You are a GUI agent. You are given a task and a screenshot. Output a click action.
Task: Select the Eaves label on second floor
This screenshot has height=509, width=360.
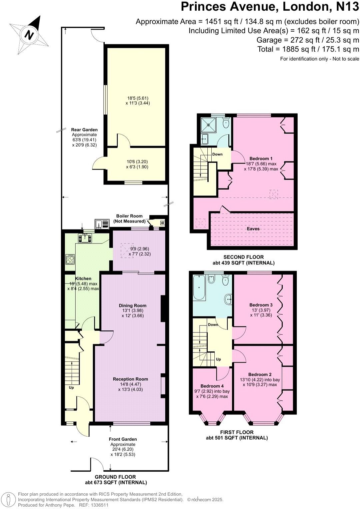coord(253,229)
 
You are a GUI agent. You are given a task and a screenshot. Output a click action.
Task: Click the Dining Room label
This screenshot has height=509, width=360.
coord(133,305)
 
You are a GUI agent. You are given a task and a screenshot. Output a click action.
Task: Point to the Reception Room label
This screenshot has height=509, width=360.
coord(130,379)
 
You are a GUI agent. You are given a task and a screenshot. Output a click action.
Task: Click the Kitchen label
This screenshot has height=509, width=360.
coord(83,278)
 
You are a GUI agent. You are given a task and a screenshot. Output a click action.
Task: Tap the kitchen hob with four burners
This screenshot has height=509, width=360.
coord(70,259)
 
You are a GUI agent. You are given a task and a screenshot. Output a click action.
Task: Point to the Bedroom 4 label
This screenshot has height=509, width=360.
coord(212,386)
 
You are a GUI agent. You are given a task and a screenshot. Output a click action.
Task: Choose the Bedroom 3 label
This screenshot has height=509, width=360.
coord(261,305)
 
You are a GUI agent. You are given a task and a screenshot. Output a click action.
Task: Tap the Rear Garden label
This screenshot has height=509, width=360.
coord(84,130)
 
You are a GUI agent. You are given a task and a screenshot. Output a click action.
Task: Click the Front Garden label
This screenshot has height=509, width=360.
coord(123,439)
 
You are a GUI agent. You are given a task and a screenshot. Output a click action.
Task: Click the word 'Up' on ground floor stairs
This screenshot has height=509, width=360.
coord(71,388)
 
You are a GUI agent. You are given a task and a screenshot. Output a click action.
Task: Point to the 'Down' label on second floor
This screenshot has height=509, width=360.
coord(217,154)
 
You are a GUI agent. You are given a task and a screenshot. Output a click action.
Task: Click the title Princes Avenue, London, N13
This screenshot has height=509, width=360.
coord(270,7)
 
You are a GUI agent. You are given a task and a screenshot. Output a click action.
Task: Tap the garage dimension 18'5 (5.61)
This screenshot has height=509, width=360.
coord(138,98)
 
